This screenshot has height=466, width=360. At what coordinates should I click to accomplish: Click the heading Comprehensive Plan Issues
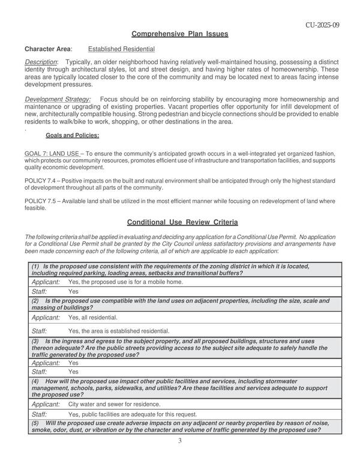click(x=179, y=34)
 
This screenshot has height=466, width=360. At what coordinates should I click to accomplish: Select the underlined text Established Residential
click(x=121, y=49)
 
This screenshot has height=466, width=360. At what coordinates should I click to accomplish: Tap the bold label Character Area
click(x=48, y=49)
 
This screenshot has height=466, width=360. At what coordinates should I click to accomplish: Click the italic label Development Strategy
click(x=58, y=99)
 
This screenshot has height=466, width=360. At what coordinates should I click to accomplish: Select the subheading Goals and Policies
click(x=73, y=136)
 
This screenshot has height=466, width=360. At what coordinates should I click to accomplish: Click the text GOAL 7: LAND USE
click(x=52, y=154)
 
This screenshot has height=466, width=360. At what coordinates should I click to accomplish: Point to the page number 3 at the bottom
click(x=179, y=441)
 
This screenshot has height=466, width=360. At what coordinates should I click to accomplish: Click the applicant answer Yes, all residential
click(x=92, y=317)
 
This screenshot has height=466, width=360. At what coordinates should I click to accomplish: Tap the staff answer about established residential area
click(x=119, y=330)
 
